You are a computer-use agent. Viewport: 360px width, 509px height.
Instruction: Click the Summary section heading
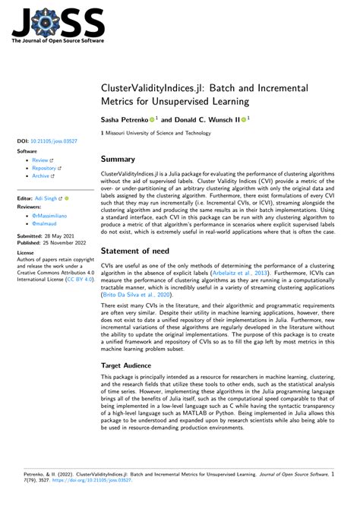tap(118, 160)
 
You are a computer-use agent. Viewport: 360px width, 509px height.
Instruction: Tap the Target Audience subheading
tap(131, 365)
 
